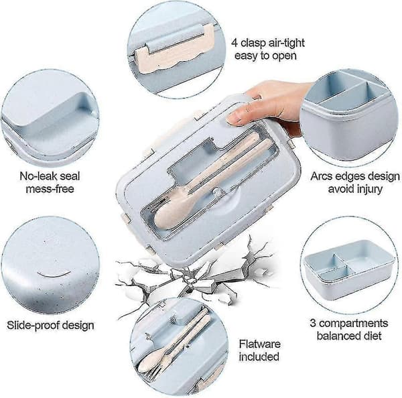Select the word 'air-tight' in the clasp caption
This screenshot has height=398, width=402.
[285, 43]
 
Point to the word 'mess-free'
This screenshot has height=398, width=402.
[50, 189]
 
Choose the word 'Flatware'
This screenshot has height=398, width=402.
[259, 344]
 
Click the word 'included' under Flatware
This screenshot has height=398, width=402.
[259, 356]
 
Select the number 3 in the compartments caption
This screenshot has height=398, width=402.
[313, 323]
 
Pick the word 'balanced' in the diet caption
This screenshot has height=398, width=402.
[338, 336]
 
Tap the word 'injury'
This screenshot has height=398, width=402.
[368, 189]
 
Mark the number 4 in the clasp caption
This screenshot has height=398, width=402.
[234, 43]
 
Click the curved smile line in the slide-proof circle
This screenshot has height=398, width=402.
[54, 275]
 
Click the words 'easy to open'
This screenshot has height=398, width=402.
[265, 56]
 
